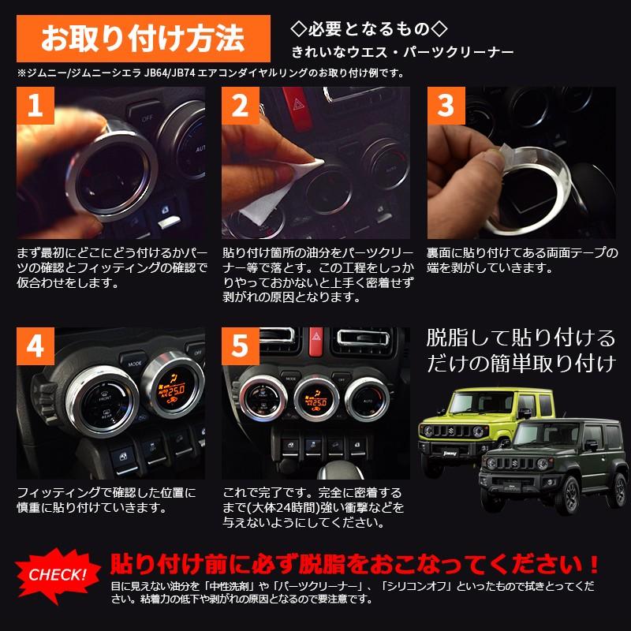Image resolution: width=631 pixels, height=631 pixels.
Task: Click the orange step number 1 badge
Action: (x=34, y=107)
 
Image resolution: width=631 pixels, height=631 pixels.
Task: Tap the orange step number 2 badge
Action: (x=240, y=107)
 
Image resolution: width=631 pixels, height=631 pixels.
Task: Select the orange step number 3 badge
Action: (x=446, y=107)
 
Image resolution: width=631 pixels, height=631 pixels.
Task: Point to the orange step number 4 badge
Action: (x=34, y=348)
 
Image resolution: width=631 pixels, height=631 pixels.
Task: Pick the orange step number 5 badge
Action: (x=240, y=348)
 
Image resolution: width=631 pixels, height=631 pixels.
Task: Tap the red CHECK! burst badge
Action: (x=58, y=574)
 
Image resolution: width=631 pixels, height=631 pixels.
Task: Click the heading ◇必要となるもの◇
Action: (x=369, y=30)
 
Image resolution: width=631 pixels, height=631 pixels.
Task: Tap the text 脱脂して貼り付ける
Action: (x=521, y=338)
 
